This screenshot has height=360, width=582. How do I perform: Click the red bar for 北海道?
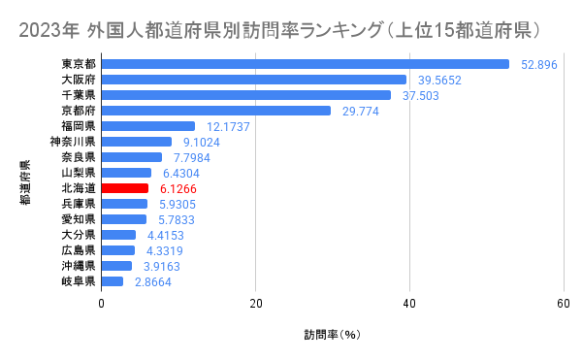[x=125, y=188]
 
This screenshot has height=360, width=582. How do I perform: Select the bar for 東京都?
[x=305, y=64]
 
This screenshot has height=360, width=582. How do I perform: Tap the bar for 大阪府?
[x=253, y=80]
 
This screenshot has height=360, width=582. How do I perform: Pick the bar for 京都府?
[x=216, y=111]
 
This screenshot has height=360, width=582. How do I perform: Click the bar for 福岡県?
[x=148, y=126]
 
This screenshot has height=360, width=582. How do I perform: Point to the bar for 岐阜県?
[x=113, y=281]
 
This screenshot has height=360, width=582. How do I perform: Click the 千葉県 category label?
[x=78, y=95]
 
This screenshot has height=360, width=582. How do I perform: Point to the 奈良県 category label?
[x=78, y=157]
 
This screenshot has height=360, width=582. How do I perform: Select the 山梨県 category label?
[x=78, y=173]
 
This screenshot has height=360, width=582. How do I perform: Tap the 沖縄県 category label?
[x=78, y=266]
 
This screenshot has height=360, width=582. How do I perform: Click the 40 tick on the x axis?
[x=409, y=303]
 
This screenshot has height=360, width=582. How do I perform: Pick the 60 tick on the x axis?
[x=564, y=303]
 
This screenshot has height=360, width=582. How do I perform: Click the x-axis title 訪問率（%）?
[x=332, y=335]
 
